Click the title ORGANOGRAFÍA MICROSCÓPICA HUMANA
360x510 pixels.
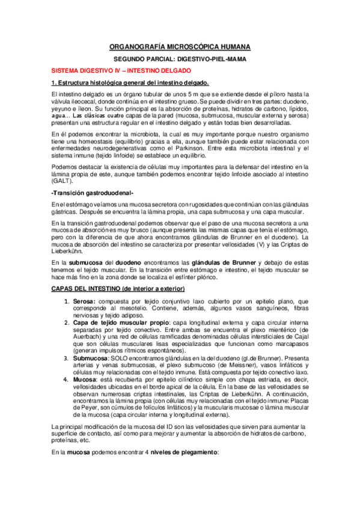[180, 46]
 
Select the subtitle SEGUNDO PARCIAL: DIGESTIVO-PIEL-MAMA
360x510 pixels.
[180, 60]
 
